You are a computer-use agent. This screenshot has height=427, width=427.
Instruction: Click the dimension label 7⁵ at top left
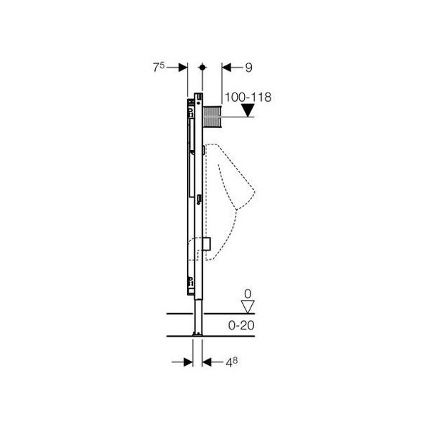pos(159,68)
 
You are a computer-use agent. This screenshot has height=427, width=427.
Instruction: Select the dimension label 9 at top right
pos(248,68)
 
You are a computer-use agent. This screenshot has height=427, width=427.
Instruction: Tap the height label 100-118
pos(248,97)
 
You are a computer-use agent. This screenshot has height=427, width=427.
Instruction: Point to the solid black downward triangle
pos(248,110)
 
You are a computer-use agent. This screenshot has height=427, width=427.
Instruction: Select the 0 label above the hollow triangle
pos(248,294)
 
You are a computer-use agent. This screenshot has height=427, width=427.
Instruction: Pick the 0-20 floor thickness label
pos(241,325)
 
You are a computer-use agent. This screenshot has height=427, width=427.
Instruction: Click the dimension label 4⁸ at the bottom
pos(231,362)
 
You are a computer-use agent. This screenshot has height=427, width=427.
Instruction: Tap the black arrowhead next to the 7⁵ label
pos(183,68)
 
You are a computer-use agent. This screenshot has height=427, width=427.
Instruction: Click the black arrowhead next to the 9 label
pos(226,68)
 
